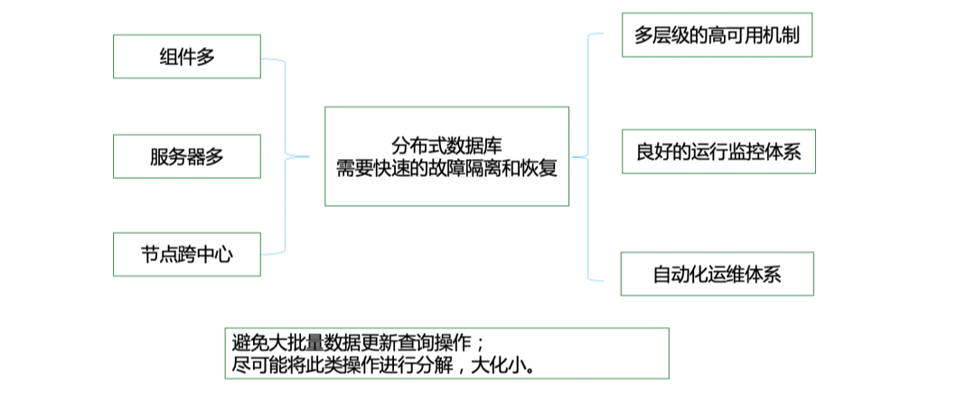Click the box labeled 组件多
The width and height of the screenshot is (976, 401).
point(187,57)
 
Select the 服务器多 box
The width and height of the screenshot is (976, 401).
point(187,156)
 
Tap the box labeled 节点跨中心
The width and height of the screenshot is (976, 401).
point(187,254)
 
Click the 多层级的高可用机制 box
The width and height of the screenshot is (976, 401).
point(717,35)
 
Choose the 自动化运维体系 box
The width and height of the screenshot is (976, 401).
point(717,274)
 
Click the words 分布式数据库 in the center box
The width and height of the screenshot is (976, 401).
point(446,145)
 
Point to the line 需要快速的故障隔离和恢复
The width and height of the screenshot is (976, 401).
point(446,167)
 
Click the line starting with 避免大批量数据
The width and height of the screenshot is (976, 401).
point(359,343)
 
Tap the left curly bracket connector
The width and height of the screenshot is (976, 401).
point(286,156)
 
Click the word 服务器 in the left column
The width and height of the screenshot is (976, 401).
point(177,156)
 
